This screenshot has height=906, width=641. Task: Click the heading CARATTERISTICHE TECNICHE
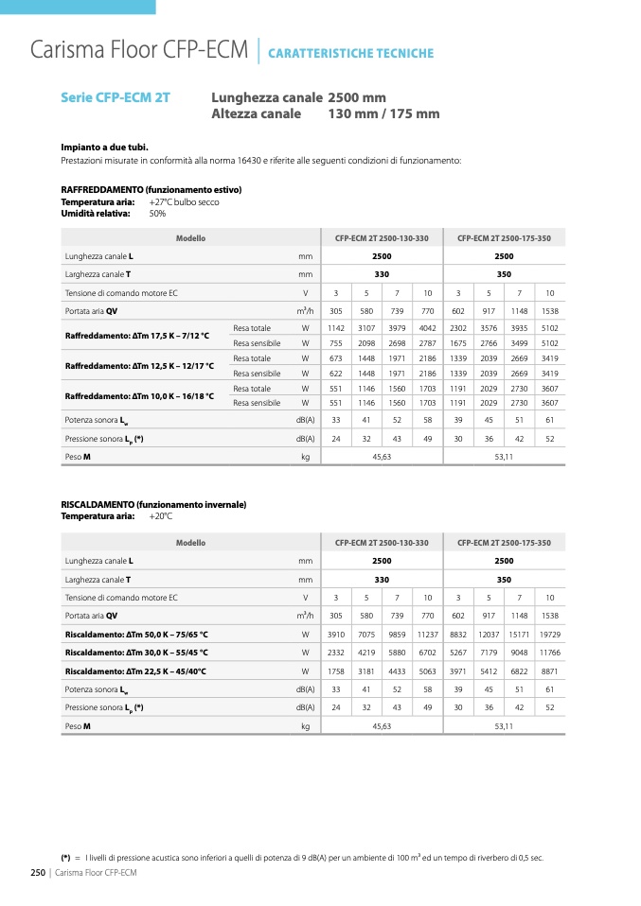pos(351,54)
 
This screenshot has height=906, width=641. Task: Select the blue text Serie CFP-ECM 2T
pos(116,97)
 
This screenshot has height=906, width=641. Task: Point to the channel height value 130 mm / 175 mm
pos(383,114)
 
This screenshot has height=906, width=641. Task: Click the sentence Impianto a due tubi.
pos(104,148)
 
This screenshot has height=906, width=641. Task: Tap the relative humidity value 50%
pos(157,214)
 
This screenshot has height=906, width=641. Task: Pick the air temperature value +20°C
pos(161,516)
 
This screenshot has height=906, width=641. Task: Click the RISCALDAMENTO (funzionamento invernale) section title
pos(153,505)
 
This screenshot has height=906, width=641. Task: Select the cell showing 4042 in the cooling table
pos(427,328)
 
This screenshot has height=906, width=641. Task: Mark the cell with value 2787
pos(427,343)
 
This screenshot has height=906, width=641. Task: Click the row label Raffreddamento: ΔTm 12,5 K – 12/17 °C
pos(139,366)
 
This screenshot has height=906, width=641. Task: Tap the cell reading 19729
pos(550,635)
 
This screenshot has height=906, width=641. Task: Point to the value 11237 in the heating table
pos(427,635)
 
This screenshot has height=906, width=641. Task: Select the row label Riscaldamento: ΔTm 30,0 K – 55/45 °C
pos(136,653)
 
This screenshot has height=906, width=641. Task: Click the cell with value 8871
pos(550,671)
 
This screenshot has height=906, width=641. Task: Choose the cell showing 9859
pos(397,635)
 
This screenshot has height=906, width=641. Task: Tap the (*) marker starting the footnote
pos(66,858)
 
